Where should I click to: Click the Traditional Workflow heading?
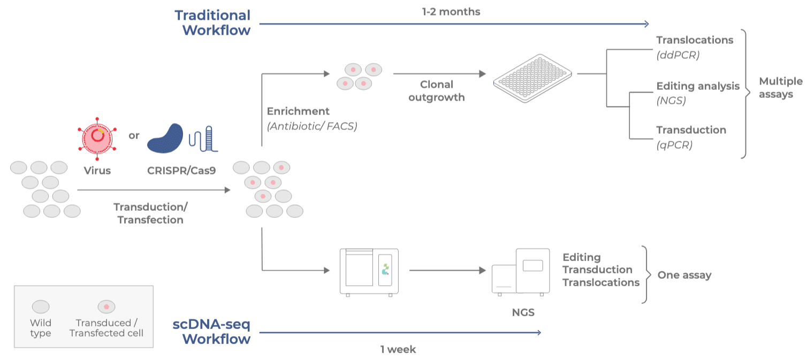[x=213, y=22]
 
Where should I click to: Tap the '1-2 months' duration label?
[x=451, y=11]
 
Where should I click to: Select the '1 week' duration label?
[x=398, y=349]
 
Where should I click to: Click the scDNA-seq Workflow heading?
[x=212, y=331]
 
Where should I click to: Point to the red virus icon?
[x=97, y=139]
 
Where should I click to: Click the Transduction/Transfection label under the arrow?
[x=150, y=213]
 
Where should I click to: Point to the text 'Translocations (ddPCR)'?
[x=694, y=47]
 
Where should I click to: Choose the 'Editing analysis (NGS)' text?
[x=697, y=92]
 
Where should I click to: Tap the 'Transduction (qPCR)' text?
[x=691, y=137]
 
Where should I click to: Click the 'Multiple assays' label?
[x=780, y=88]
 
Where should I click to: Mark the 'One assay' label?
[x=684, y=275]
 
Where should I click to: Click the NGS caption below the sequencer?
[x=523, y=312]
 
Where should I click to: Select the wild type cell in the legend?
[x=41, y=307]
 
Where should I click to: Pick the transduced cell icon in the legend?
[x=106, y=307]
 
